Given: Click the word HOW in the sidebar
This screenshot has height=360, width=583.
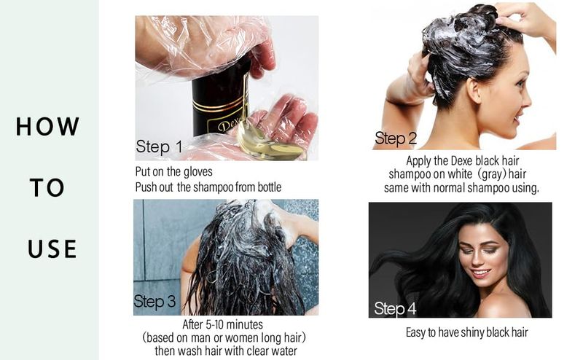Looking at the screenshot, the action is [47, 127].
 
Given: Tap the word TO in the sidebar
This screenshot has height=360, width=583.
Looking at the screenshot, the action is [47, 187].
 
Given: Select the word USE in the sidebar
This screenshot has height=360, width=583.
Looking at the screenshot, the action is [52, 249].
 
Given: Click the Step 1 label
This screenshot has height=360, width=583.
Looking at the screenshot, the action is [159, 147].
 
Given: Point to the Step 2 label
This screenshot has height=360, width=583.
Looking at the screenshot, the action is [396, 138].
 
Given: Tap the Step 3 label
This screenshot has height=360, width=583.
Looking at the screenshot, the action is [154, 302].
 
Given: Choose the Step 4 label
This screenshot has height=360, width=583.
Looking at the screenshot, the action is [395, 309].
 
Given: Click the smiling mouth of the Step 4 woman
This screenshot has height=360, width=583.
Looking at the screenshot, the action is [481, 273].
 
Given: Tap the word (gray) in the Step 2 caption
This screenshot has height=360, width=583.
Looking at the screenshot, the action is [490, 174].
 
